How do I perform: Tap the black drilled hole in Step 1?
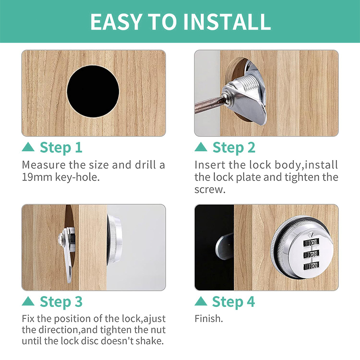93,91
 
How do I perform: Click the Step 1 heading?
61,148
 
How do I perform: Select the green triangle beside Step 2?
201,147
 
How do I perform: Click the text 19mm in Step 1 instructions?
37,177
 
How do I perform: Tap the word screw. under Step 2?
210,189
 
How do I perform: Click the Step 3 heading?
61,301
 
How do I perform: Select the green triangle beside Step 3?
28,301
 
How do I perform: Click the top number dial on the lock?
311,243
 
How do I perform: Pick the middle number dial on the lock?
311,254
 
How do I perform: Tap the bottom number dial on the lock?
311,266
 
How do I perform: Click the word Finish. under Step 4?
209,319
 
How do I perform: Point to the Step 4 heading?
234,301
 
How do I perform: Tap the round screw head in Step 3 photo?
60,239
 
